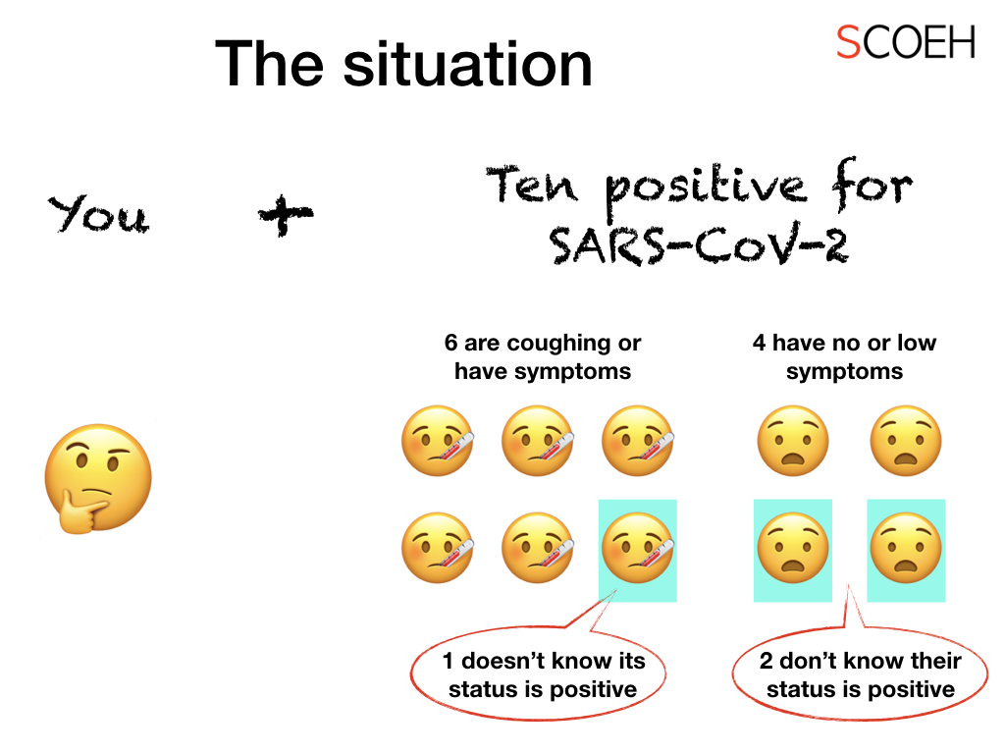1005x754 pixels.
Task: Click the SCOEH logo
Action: [906, 41]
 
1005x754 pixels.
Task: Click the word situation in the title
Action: [468, 64]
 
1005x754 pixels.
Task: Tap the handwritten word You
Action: [99, 214]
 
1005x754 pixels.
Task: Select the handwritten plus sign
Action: [286, 214]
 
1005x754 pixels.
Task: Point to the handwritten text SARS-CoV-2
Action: [699, 243]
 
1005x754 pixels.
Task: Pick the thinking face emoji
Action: [97, 478]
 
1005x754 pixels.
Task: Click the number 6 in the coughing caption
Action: [451, 343]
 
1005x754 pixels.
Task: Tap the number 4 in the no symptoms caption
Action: [759, 343]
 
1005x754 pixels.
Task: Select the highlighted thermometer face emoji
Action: [637, 548]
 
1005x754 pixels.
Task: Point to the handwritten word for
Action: [873, 184]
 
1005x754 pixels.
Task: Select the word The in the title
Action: [269, 64]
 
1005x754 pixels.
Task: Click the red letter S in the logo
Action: [848, 41]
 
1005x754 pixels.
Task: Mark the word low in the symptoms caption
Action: [917, 343]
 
